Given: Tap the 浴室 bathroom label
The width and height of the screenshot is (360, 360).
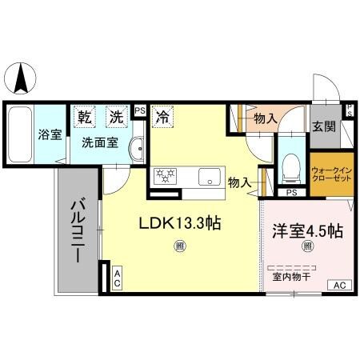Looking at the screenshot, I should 50,134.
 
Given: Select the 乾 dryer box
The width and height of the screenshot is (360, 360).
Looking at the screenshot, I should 85,117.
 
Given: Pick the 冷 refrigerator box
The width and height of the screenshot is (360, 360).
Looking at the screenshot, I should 162,116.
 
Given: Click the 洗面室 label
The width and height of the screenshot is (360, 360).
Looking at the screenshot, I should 100,143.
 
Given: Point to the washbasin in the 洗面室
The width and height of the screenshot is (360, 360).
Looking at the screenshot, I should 136,149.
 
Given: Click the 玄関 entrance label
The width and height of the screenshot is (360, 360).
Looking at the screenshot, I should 323,126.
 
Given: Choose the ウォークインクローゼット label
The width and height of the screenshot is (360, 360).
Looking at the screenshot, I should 330,174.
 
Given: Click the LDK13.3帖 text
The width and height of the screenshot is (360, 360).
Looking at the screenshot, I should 181,226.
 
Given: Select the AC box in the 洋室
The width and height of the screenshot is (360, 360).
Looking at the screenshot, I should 338,285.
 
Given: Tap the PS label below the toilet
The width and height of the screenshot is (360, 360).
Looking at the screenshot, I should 291,193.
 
